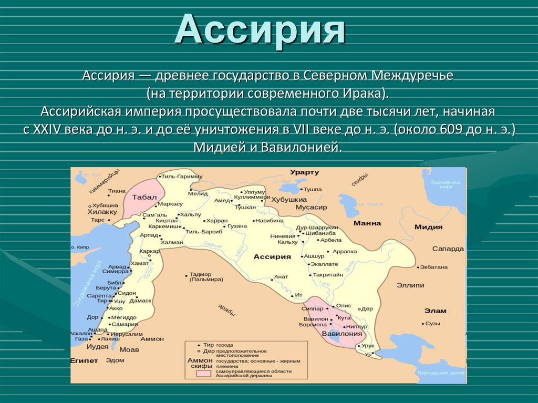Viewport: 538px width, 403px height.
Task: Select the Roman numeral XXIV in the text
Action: [45, 130]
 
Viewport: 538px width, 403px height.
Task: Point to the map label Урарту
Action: [304, 172]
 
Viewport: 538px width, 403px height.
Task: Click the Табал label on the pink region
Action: [144, 197]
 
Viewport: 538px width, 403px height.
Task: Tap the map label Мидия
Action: [428, 227]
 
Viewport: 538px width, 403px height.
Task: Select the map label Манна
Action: [367, 223]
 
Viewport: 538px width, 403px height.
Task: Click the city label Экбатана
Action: [434, 267]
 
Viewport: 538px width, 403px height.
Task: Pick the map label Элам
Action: [436, 311]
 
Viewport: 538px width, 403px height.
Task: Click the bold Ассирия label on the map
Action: [272, 256]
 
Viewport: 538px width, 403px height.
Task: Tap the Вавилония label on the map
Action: [342, 333]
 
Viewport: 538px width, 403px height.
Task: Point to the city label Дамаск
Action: [140, 301]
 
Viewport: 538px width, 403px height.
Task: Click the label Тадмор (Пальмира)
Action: [200, 277]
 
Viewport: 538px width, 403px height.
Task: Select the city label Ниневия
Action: [283, 236]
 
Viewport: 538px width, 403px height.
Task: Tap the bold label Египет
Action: [84, 361]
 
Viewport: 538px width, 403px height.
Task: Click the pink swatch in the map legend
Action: [204, 373]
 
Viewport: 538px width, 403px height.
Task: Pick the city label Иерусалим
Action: [127, 334]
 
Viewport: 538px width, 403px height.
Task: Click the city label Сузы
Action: [433, 324]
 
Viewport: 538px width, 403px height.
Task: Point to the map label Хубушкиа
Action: [288, 200]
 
